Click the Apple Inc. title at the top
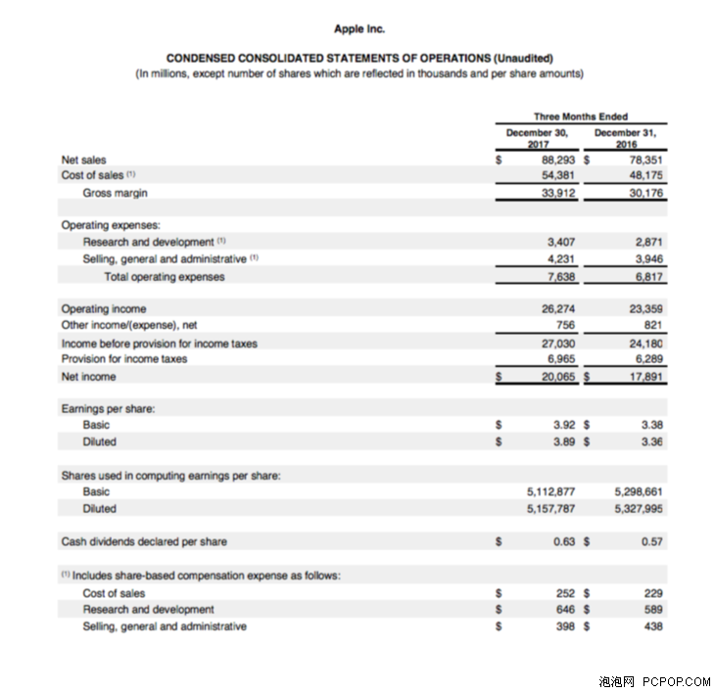point(359,28)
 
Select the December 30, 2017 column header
point(536,136)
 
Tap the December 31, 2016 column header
point(625,136)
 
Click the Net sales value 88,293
point(557,160)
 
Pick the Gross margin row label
point(115,193)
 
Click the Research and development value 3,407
point(560,242)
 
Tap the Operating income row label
point(103,309)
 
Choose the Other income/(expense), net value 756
point(565,325)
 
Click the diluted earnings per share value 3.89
point(562,442)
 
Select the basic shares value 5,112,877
point(550,491)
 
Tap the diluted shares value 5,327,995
point(639,509)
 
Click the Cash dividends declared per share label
point(144,541)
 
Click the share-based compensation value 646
point(565,609)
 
